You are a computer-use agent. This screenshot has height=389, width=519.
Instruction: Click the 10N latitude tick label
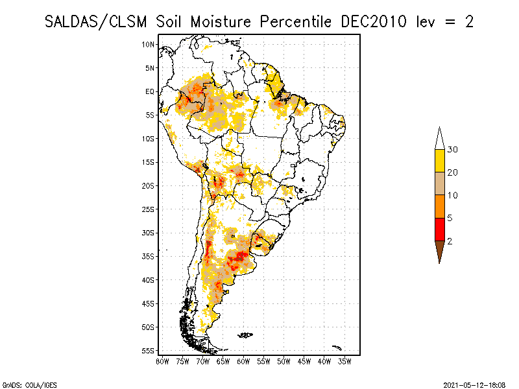[x=149, y=44]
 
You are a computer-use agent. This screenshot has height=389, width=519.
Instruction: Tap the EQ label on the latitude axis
[x=150, y=91]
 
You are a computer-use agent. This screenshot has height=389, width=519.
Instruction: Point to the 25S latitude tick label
[x=149, y=209]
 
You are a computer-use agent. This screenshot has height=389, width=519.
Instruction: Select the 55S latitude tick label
[x=149, y=351]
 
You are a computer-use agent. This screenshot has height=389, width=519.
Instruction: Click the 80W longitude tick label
[x=162, y=360]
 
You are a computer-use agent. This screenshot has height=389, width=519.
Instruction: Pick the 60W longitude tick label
[x=243, y=360]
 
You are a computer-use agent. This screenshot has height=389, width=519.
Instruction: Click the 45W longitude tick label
[x=304, y=360]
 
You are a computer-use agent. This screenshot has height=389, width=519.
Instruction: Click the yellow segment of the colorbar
[x=439, y=161]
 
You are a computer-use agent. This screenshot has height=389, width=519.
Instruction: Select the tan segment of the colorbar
[x=439, y=183]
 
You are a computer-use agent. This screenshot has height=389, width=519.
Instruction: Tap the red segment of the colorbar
[x=439, y=229]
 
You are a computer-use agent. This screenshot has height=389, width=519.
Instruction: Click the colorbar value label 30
[x=453, y=150]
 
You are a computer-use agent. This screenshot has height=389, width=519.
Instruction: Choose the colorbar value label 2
[x=450, y=241]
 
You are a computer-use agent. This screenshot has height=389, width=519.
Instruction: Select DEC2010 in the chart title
[x=374, y=21]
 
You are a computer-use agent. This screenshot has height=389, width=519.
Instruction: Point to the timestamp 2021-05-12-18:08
[x=474, y=384]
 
